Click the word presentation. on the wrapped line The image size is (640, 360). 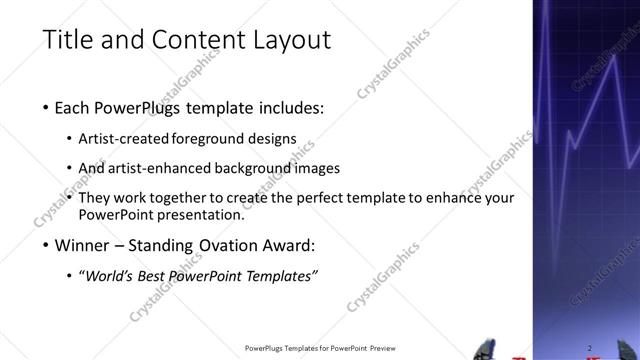[x=203, y=214]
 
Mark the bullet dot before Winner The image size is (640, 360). [x=47, y=245]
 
